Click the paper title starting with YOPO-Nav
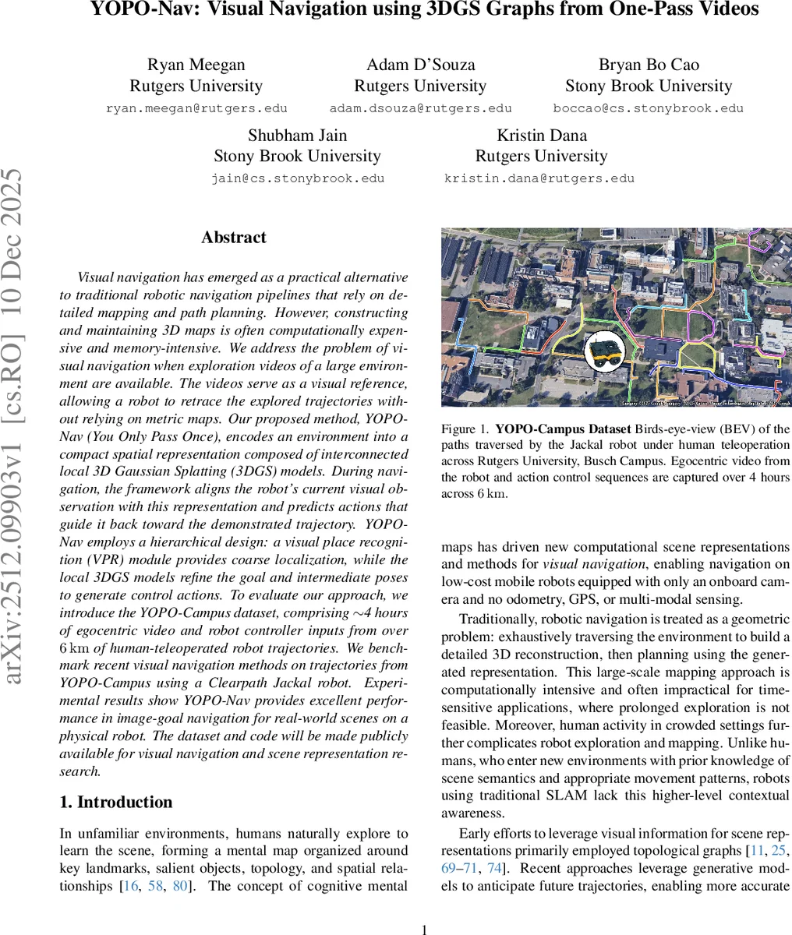coord(424,10)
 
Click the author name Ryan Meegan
coord(196,65)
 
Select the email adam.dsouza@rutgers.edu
coord(420,108)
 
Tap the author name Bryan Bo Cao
coord(649,65)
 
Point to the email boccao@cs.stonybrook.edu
coord(648,108)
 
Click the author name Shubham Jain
coord(297,135)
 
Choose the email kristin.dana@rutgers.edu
coord(539,178)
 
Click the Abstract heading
coord(233,238)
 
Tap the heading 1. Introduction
coord(116,802)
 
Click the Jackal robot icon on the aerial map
coord(605,352)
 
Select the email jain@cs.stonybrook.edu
coord(298,178)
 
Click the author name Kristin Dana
coord(542,135)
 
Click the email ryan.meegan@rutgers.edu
coord(196,108)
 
